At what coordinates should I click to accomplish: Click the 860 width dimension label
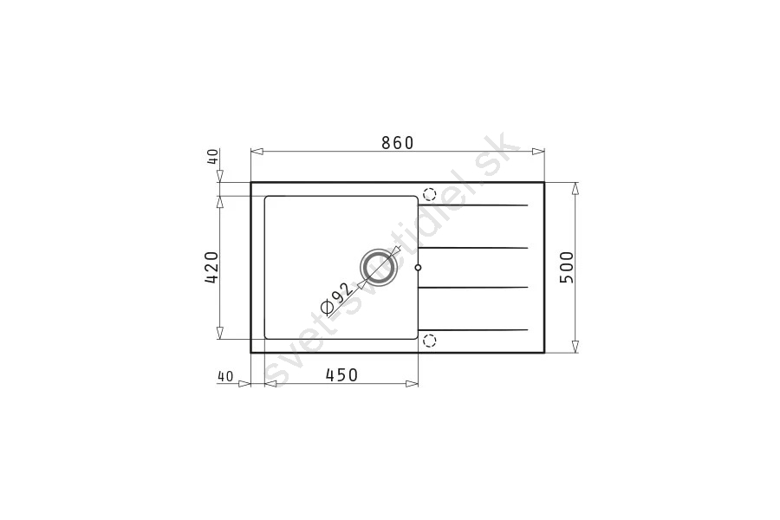click(x=398, y=143)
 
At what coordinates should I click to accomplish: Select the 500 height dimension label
click(x=567, y=267)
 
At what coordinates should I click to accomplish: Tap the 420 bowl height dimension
click(x=211, y=267)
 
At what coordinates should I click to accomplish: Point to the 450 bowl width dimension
click(x=341, y=374)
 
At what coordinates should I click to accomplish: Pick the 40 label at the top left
click(x=212, y=156)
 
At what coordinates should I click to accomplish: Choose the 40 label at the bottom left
click(x=224, y=377)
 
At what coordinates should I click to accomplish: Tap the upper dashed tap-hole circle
click(x=429, y=194)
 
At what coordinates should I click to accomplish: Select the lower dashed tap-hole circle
click(x=429, y=341)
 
